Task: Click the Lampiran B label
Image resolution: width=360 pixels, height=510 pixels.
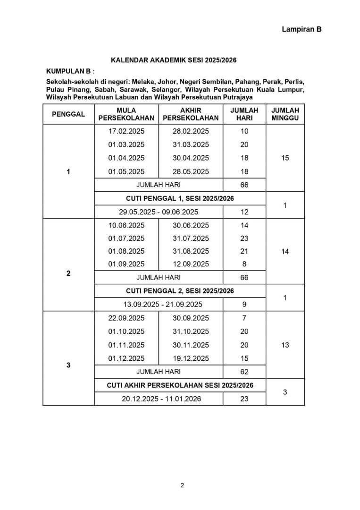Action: pos(301,29)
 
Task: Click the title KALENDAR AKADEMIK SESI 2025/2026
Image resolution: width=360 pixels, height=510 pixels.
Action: pos(173,60)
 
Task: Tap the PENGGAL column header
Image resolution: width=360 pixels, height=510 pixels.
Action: pos(68,114)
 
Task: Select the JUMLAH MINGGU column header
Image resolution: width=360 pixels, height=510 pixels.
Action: pos(285,114)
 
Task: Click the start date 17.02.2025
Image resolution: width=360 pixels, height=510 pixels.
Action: pos(126,131)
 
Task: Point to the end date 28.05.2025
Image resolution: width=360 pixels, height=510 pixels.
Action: pos(191,171)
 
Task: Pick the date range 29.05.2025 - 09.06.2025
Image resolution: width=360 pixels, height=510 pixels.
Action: pos(158,212)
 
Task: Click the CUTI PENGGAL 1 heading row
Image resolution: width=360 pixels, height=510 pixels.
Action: pos(180,198)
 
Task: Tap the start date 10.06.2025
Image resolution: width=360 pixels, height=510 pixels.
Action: pos(126,225)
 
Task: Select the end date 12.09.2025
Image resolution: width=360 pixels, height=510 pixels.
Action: pos(191,264)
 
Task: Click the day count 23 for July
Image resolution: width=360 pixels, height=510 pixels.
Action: pos(244,238)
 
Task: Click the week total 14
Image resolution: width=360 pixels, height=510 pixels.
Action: pos(285,252)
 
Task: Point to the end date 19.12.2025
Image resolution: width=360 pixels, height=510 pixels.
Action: pos(191,358)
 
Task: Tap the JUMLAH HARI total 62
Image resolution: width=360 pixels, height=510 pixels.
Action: pos(244,372)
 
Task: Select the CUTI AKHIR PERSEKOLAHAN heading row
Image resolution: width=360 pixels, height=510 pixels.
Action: pos(180,385)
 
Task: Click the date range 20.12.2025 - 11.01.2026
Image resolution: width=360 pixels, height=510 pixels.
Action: pos(161,399)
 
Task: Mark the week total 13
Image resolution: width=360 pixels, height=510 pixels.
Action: pos(285,345)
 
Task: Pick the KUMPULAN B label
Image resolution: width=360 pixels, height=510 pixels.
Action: pos(70,71)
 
